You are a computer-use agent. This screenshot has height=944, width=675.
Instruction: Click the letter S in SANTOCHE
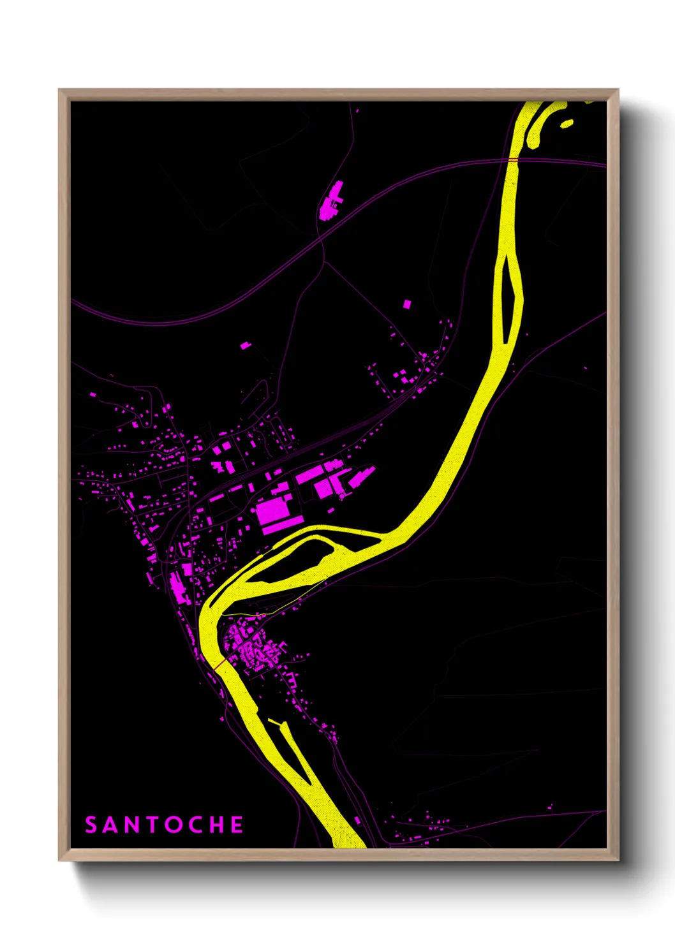tap(91, 825)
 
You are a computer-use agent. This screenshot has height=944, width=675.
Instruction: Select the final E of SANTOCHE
tap(237, 825)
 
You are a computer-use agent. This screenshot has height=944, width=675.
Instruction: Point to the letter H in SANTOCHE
tap(218, 825)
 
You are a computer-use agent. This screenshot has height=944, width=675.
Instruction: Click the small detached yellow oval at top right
tap(567, 123)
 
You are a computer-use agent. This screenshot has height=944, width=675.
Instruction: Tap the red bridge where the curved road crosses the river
tap(512, 159)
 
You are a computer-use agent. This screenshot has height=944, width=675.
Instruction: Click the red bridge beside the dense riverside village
tap(219, 665)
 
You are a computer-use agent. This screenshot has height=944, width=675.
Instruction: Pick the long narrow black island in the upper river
tap(508, 297)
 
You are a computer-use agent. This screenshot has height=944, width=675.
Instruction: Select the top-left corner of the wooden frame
tap(59, 90)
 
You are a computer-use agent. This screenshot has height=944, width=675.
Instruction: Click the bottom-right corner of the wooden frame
tap(618, 860)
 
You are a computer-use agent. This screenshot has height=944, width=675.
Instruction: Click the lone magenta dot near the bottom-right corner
tap(551, 808)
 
